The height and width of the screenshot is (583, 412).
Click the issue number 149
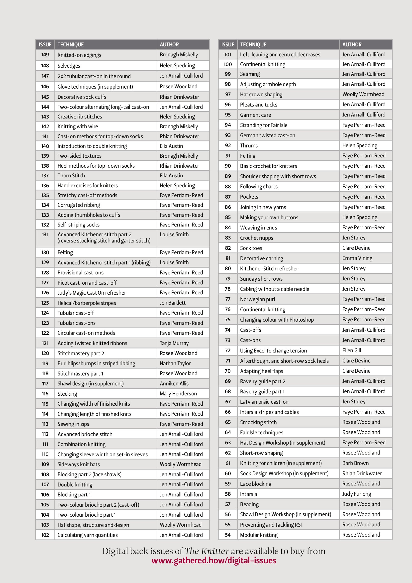(x=45, y=55)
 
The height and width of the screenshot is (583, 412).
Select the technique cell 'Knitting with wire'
(x=78, y=126)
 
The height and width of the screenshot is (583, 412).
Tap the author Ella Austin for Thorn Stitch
(x=171, y=175)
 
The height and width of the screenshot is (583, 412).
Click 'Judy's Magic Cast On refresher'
(x=92, y=293)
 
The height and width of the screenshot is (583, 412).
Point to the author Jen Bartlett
(x=173, y=303)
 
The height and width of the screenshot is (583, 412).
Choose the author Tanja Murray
(x=174, y=343)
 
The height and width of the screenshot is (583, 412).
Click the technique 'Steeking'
(x=67, y=394)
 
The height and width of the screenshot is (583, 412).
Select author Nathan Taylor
(x=175, y=363)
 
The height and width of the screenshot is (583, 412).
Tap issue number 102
(x=45, y=535)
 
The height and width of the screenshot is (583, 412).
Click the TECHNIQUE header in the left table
(x=71, y=44)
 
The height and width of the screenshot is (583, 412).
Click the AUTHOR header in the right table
(x=352, y=44)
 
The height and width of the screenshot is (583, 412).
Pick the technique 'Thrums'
(x=249, y=145)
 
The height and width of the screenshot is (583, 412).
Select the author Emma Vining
(x=357, y=258)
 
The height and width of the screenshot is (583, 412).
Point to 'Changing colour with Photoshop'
(x=277, y=320)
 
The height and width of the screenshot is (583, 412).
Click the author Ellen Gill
(x=352, y=350)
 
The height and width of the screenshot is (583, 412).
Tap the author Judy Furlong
(x=357, y=494)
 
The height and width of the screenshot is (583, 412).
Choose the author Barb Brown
(x=355, y=463)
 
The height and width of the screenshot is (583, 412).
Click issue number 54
(x=228, y=535)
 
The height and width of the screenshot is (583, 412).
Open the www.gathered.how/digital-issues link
(x=214, y=560)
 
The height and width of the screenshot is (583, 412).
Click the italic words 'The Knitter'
(x=207, y=551)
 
